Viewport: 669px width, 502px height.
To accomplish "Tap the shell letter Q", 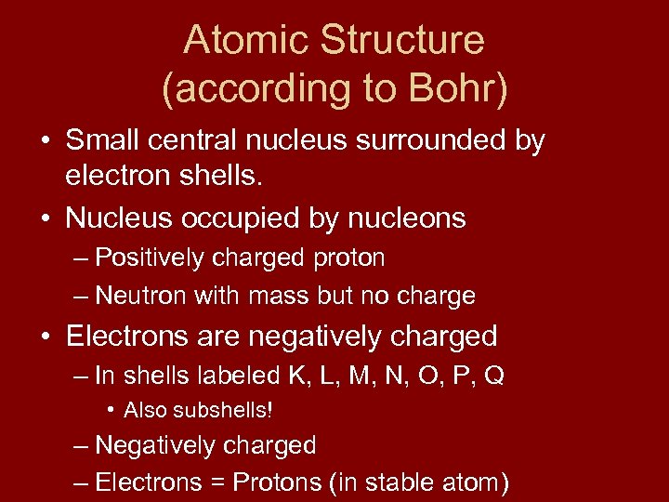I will (x=494, y=376).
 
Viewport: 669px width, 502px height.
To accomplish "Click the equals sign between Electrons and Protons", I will (x=218, y=482).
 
